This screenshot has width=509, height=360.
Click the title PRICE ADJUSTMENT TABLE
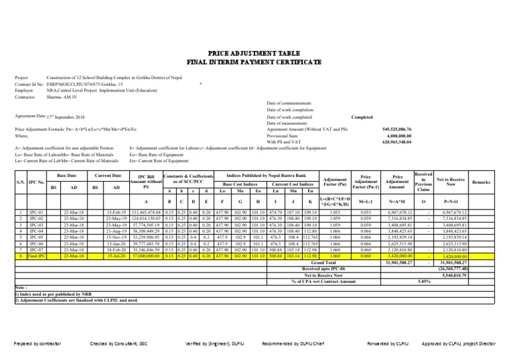254,51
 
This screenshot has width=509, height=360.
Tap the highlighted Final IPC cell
28,236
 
